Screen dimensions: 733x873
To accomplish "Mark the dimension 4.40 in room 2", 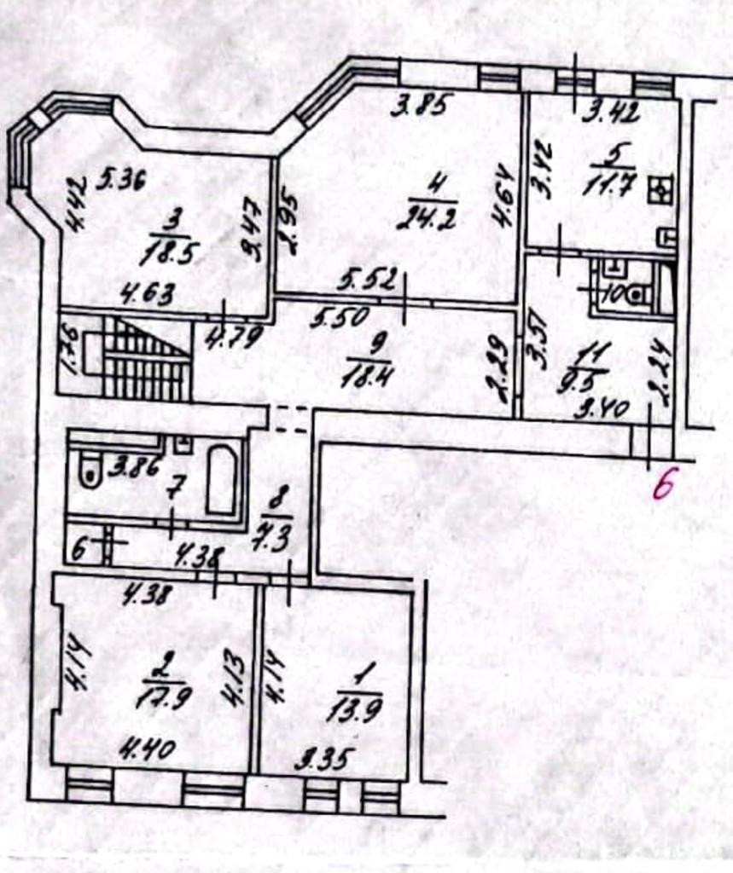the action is [x=147, y=750].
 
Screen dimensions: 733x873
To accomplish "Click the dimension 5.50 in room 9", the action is [x=340, y=318].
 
